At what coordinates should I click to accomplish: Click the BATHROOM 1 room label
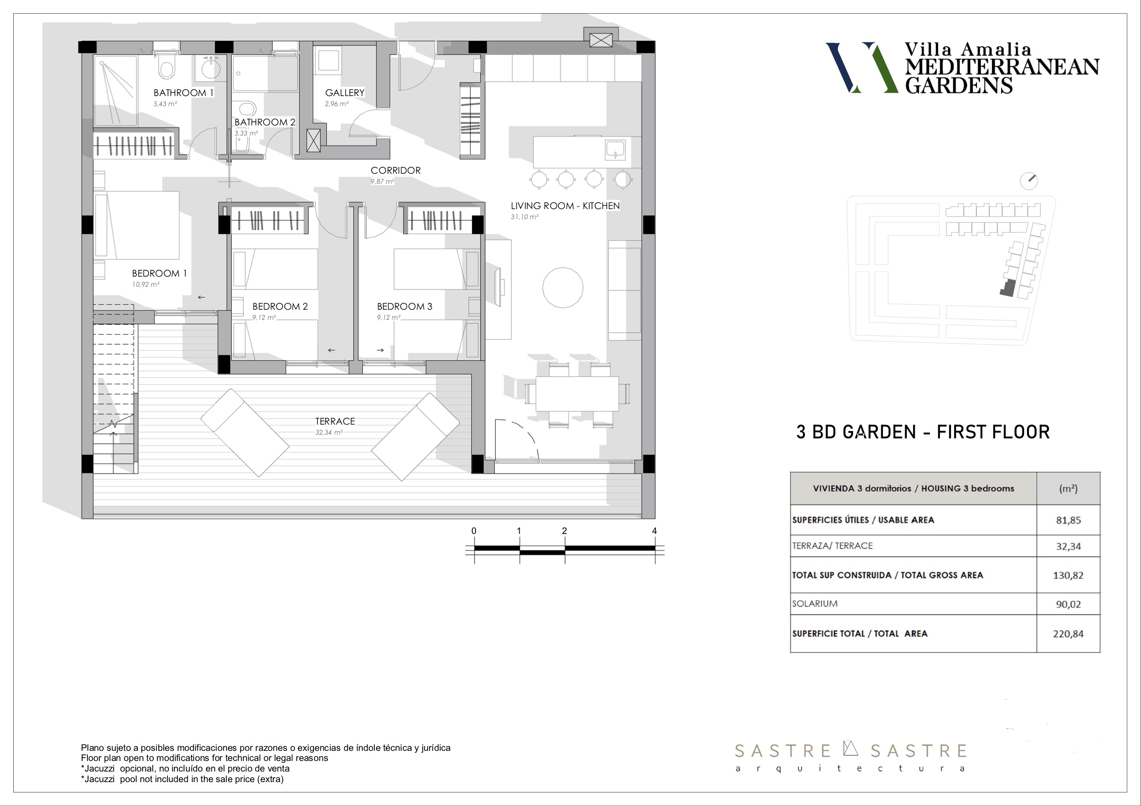tap(183, 93)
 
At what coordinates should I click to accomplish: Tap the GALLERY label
tap(344, 93)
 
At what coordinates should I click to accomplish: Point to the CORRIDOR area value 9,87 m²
tap(382, 182)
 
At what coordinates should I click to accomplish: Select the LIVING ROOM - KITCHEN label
tap(565, 205)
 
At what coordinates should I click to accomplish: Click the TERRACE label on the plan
tap(335, 421)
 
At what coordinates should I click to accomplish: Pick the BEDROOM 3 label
tap(405, 307)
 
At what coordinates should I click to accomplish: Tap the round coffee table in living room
tap(562, 288)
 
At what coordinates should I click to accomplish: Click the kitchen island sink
tap(615, 149)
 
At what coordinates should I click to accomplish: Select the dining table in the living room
tap(577, 394)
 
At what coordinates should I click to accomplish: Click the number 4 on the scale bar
tap(654, 531)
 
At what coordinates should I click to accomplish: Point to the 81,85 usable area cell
tap(1068, 521)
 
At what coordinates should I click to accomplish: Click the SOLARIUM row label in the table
tap(814, 604)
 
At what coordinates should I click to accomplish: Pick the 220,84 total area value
tap(1068, 634)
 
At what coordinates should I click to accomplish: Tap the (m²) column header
tap(1068, 488)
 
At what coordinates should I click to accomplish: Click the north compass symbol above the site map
tap(1029, 181)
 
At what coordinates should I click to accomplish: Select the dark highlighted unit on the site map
tap(1007, 289)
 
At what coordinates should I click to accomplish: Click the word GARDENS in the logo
tap(958, 85)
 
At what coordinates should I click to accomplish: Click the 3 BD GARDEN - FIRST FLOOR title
tap(923, 432)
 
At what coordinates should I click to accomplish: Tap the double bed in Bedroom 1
tap(137, 226)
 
